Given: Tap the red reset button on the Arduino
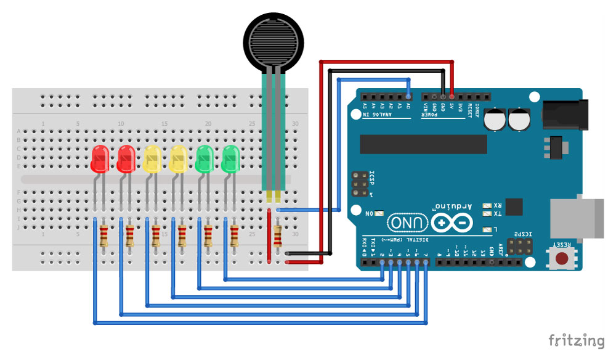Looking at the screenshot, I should pyautogui.click(x=562, y=260).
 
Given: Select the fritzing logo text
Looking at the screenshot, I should pyautogui.click(x=576, y=340).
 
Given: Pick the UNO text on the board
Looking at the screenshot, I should pyautogui.click(x=407, y=222).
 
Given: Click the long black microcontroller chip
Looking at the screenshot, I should pyautogui.click(x=423, y=144).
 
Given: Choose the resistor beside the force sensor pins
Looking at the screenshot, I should pyautogui.click(x=278, y=235).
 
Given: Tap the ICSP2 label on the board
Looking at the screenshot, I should pyautogui.click(x=522, y=235).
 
